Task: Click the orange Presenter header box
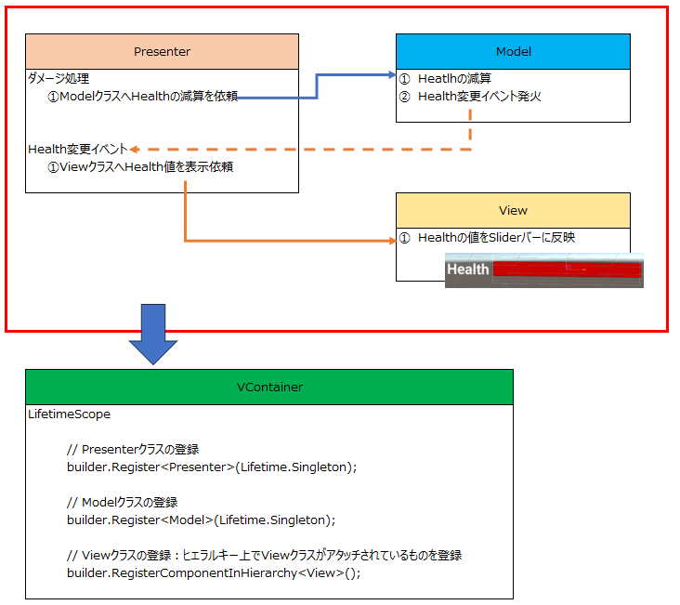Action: (162, 51)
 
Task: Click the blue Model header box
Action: (513, 51)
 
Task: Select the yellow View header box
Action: (513, 210)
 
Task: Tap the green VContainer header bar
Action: (268, 387)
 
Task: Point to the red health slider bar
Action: (566, 270)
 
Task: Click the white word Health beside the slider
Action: (468, 270)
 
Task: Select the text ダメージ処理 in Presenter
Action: (59, 79)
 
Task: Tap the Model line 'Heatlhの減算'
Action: (454, 79)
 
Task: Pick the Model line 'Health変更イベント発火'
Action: (479, 96)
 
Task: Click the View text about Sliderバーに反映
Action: (496, 238)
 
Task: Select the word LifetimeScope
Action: (70, 414)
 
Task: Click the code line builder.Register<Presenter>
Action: (212, 467)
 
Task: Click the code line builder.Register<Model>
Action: (201, 520)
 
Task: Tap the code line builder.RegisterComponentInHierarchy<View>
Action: (214, 572)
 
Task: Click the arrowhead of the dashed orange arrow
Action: (135, 149)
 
